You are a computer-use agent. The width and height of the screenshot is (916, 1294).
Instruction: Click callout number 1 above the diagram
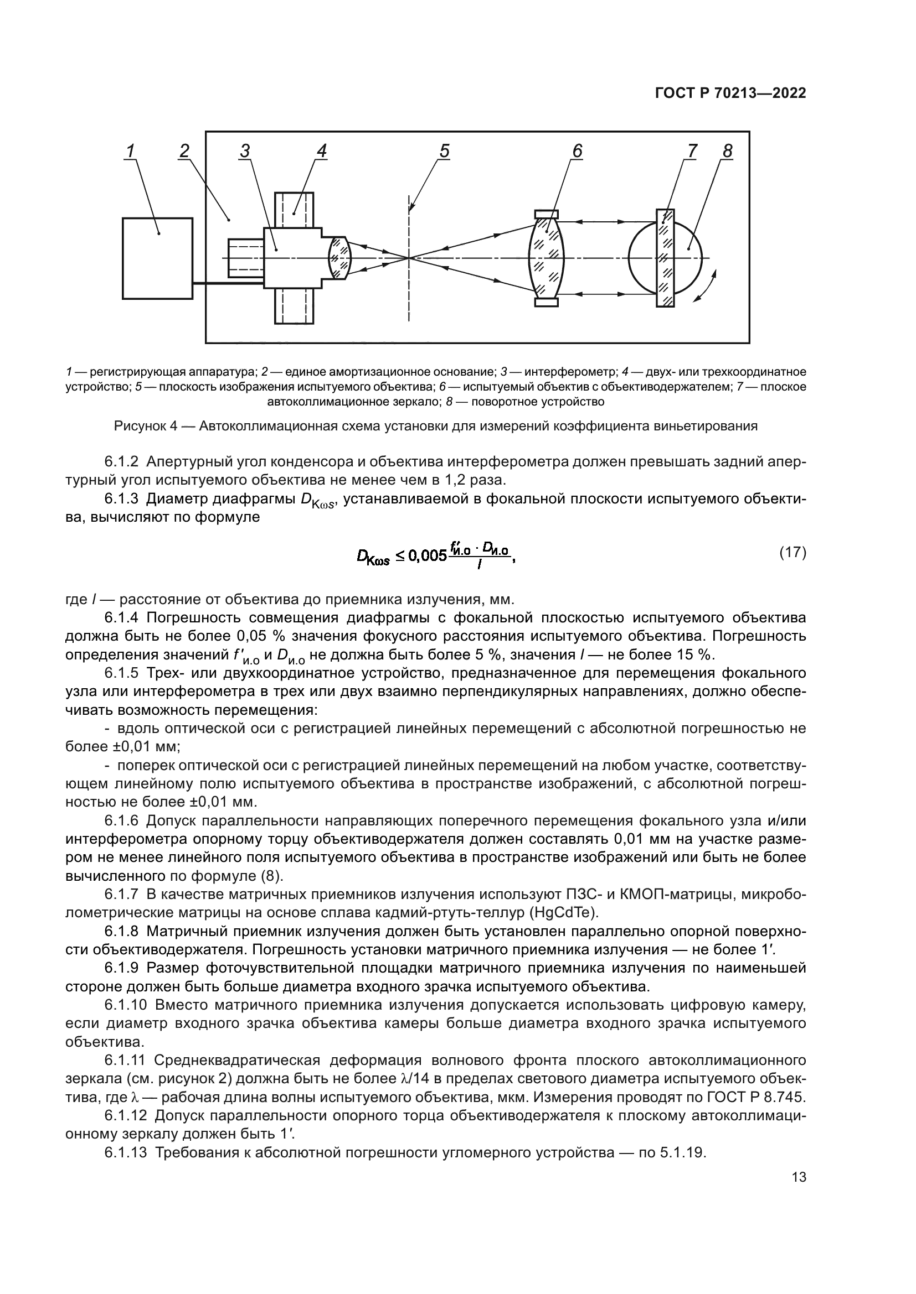pos(131,151)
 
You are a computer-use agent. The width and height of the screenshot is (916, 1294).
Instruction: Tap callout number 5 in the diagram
pos(445,151)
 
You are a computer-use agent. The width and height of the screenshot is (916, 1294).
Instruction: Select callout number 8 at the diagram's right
pos(727,151)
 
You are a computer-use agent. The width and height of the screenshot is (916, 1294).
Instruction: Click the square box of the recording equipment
pos(157,258)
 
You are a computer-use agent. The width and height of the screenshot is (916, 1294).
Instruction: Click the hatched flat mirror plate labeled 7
pos(666,258)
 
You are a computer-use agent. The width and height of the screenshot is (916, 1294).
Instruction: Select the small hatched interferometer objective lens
pos(340,258)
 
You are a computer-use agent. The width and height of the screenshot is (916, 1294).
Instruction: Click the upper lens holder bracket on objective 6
pos(546,214)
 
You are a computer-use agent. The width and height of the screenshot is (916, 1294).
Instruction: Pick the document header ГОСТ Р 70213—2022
pos(730,93)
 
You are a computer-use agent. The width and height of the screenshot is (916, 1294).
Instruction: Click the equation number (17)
pos(793,552)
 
